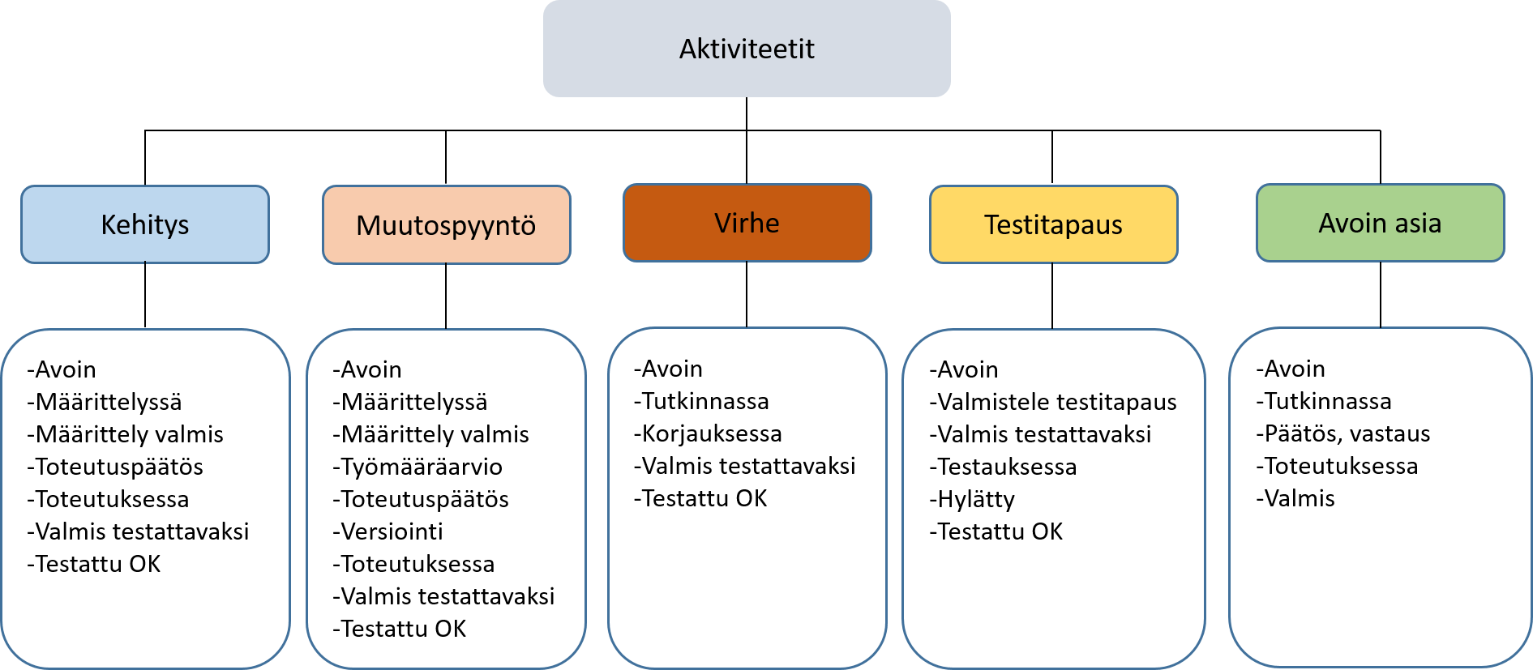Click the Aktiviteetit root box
point(747,49)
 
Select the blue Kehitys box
point(145,224)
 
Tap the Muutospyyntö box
point(447,225)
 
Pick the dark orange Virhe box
point(747,223)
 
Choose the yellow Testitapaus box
point(1054,224)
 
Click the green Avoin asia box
point(1381,223)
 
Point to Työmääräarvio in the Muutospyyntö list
point(418,467)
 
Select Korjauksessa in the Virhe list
point(708,433)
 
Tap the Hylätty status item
point(972,499)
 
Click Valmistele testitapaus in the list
point(1053,402)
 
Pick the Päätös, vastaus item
point(1343,433)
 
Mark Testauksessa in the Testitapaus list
point(1003,467)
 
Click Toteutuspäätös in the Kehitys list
point(115,467)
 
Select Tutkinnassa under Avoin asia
point(1324,401)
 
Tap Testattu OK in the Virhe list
point(700,498)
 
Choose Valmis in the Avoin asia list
point(1295,498)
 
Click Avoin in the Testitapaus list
point(964,369)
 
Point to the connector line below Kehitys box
point(145,295)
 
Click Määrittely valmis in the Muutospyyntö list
point(430,434)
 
